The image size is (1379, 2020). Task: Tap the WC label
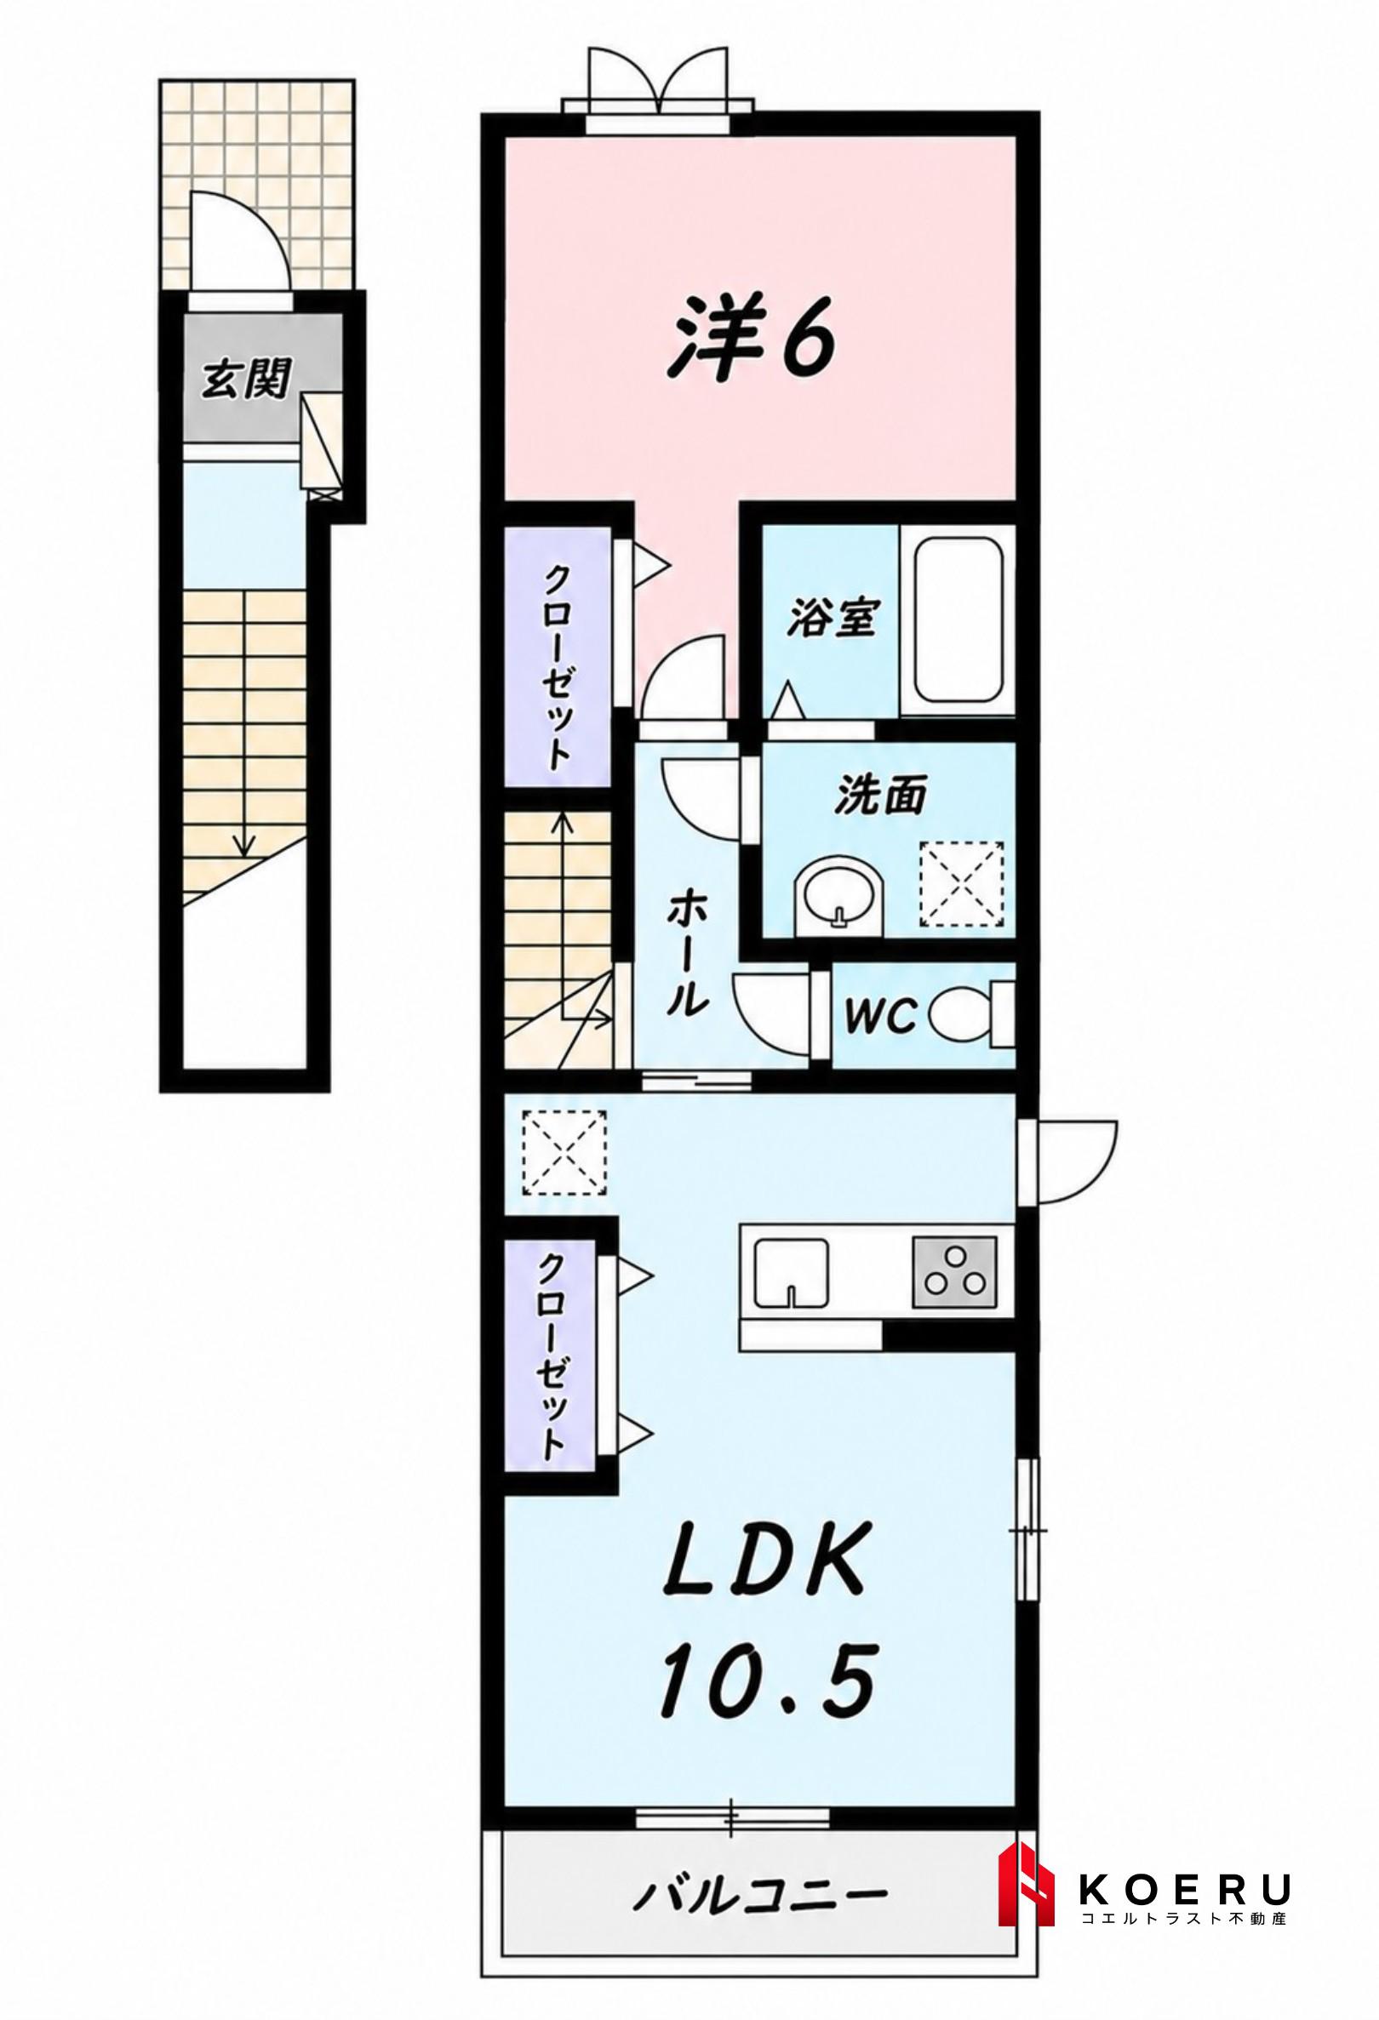pos(883,1014)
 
